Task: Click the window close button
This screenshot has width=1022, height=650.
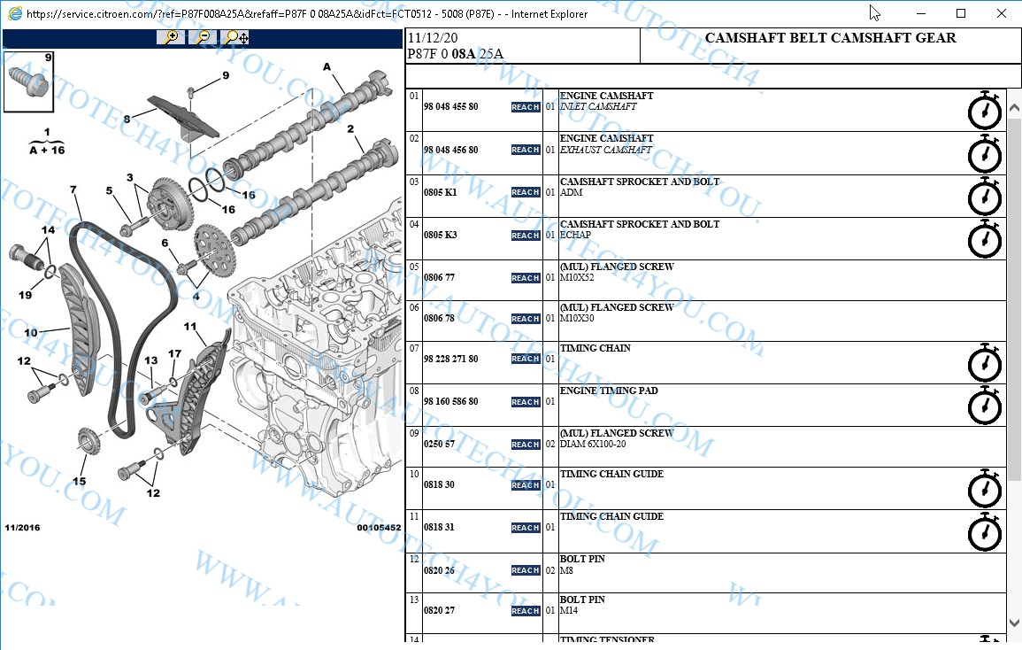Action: [x=1001, y=13]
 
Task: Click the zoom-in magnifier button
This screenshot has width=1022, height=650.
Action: [x=170, y=37]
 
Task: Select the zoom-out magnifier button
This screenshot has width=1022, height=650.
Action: [x=203, y=37]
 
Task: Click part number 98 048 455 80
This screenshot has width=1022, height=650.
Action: [x=450, y=107]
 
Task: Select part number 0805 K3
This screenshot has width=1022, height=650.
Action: [x=440, y=236]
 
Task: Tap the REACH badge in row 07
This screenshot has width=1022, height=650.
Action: [x=526, y=359]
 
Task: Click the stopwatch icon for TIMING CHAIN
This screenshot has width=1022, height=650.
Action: [x=985, y=363]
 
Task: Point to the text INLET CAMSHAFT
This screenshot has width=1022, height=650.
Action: [x=598, y=107]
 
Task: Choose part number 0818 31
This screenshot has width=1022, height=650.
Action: [x=439, y=528]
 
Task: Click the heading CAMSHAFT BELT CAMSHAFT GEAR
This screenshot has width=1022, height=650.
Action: [x=830, y=39]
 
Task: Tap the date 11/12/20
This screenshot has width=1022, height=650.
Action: [x=433, y=39]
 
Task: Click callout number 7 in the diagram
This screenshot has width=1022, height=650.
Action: [x=73, y=190]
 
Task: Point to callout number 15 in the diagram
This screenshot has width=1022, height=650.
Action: [x=80, y=482]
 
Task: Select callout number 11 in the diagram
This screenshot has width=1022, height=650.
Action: [x=190, y=327]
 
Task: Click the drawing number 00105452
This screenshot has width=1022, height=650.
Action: [x=379, y=528]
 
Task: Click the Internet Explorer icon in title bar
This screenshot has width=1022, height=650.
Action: [x=13, y=13]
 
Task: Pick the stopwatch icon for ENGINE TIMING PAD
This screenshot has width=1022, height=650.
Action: [x=985, y=406]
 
